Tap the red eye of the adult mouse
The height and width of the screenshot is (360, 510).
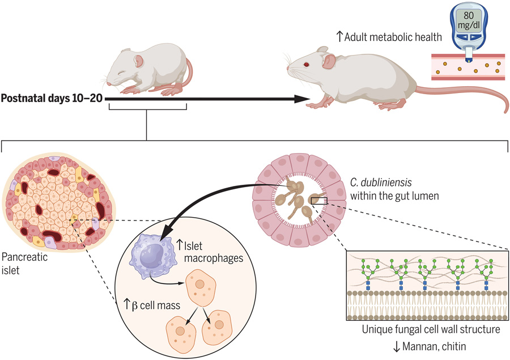[x=307, y=65]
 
